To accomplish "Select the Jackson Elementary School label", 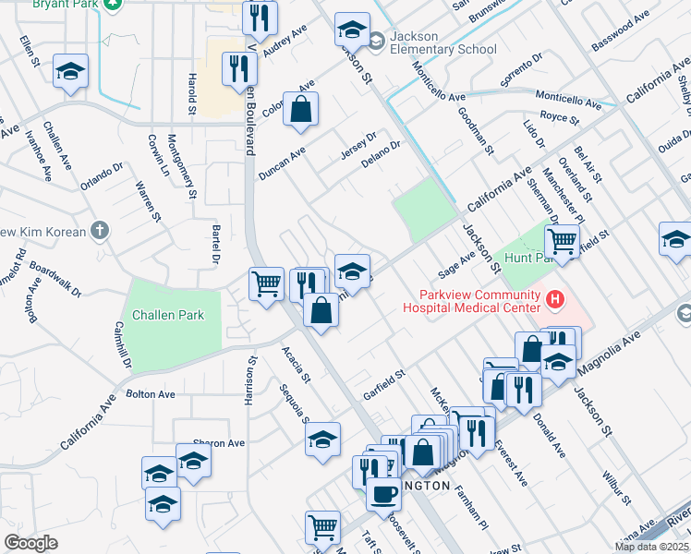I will tap(443, 42).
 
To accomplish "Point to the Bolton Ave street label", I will tap(151, 394).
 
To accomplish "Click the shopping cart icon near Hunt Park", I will tap(562, 242).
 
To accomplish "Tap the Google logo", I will tap(30, 543).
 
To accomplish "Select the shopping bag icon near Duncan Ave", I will tap(301, 109).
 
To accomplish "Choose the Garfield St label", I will tap(384, 385).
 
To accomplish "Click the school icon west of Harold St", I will tap(69, 72).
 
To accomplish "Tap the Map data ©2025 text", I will tap(652, 547).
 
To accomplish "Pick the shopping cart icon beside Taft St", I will tap(321, 527).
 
